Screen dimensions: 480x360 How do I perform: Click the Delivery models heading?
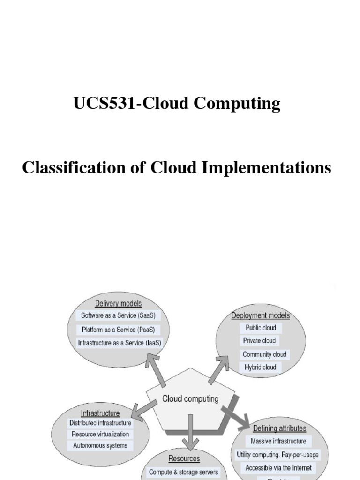coord(118,303)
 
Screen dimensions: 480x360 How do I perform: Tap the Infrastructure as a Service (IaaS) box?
coord(119,343)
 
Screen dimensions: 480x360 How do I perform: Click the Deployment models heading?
coord(261,315)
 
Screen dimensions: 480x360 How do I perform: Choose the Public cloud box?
coord(261,328)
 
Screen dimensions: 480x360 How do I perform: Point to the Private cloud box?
coord(260,341)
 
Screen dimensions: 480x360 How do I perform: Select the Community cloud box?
coord(264,354)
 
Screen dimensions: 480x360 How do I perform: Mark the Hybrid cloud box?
coord(260,367)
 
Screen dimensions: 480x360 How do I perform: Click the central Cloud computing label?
coord(190,399)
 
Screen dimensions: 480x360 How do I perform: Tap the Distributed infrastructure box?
coord(100,423)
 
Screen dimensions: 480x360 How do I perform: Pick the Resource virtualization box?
coord(100,434)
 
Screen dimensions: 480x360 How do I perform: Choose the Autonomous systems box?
coord(100,446)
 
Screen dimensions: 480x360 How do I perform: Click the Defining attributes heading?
coord(280,428)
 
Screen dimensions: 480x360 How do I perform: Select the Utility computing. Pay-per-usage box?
coord(278,454)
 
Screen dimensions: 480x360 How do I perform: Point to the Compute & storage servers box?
coord(183,472)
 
